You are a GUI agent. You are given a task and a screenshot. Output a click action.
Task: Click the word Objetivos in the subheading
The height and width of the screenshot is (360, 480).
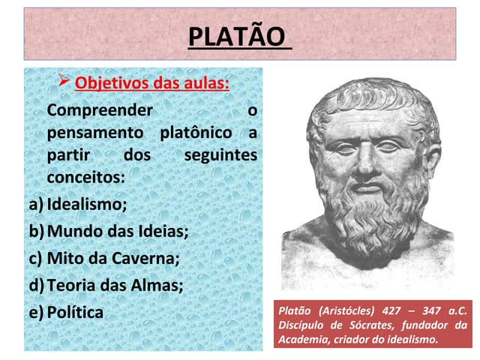click(x=107, y=82)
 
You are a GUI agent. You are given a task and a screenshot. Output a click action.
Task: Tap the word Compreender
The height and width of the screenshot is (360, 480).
click(x=98, y=110)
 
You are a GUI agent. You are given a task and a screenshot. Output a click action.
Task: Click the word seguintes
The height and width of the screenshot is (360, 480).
click(x=220, y=156)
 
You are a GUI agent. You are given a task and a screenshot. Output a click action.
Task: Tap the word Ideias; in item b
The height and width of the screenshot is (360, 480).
click(x=163, y=230)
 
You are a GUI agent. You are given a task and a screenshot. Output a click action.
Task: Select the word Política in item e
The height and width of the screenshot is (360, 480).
click(x=75, y=312)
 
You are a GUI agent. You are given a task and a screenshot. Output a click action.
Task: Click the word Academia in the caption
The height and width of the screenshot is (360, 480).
click(x=302, y=339)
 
